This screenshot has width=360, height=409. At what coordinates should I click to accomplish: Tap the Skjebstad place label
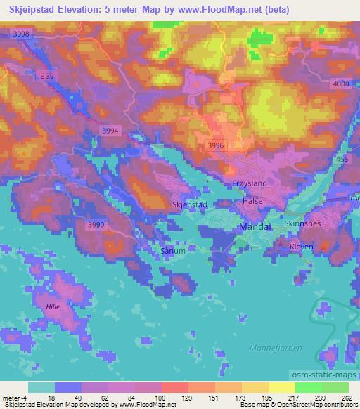click(189, 204)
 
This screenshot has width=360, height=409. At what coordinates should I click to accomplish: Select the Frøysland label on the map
click(248, 182)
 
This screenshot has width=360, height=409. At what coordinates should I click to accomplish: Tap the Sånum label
click(174, 250)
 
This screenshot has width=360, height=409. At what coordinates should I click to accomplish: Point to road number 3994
click(110, 130)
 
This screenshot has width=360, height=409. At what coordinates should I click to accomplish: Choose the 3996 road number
click(216, 145)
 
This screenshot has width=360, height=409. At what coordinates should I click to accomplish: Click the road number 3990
click(96, 224)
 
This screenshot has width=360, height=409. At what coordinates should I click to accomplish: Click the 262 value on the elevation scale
click(346, 398)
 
